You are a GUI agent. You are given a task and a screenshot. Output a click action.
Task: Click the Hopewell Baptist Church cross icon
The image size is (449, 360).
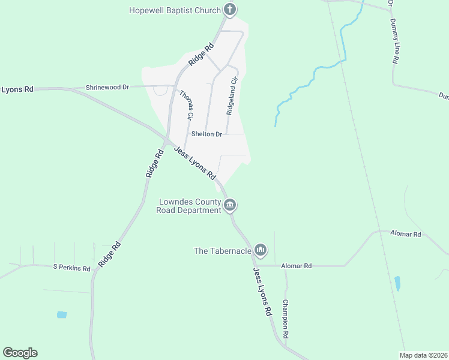(x=229, y=10)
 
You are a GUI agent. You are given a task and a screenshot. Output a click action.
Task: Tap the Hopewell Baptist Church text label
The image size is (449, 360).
(x=175, y=10)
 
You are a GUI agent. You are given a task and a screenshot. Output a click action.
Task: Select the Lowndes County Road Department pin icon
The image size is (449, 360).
(x=229, y=206)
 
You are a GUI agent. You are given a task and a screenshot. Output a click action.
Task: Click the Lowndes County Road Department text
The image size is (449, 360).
(x=189, y=206)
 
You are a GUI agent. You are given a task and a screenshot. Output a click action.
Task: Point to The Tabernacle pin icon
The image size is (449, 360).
(x=260, y=250)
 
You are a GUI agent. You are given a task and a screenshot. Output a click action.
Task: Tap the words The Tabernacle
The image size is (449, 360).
(x=221, y=251)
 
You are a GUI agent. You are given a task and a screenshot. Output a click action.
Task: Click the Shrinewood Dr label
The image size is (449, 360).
(x=107, y=87)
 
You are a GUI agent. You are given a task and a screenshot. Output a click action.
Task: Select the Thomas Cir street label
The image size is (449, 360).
(x=186, y=104)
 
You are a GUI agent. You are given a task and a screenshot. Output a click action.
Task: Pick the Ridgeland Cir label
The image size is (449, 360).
(x=232, y=95)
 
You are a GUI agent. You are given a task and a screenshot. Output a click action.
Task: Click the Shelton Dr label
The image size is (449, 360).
(x=206, y=134)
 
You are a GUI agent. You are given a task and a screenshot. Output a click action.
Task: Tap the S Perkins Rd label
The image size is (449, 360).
(x=71, y=268)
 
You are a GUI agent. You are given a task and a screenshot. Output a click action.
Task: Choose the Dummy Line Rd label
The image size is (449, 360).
(x=394, y=41)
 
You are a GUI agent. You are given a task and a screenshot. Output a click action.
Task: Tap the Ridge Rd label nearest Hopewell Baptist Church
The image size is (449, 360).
(x=201, y=55)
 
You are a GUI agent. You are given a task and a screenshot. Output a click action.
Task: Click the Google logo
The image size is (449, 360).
(x=20, y=352)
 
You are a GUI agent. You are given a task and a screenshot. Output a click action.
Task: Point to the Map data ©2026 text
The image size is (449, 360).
(x=423, y=355)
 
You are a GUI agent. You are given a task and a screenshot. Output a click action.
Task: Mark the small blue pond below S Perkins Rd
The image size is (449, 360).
(x=61, y=314)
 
